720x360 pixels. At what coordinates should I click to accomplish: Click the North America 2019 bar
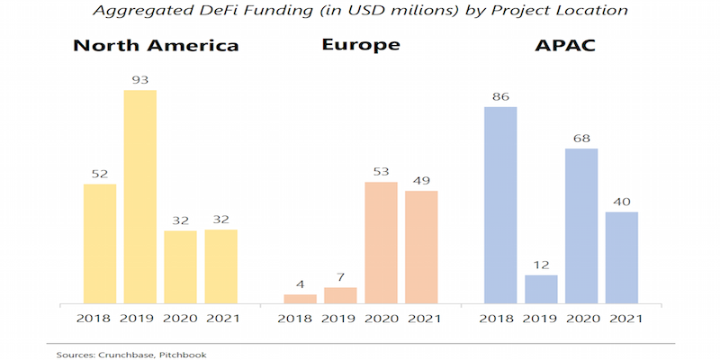139,196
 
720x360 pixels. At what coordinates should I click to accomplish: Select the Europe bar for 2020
381,243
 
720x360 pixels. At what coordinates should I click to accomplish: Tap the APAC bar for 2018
500,205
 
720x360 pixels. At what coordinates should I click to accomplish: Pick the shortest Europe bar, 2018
301,299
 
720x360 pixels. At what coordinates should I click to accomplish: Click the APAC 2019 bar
541,289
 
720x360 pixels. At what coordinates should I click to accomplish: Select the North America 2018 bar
100,243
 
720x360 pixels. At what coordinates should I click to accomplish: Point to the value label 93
139,79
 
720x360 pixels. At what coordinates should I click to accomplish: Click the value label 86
500,95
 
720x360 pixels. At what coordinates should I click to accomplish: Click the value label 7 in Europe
340,276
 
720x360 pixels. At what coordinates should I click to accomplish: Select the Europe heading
360,47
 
